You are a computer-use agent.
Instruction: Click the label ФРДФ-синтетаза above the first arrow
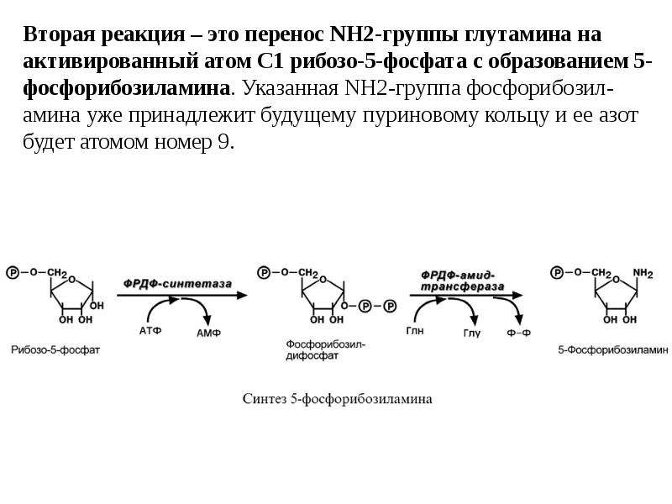177,284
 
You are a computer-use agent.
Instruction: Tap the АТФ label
150,331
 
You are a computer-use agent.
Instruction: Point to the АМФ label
208,333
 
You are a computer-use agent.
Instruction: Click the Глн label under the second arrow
415,331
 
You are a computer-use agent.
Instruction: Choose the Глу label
472,333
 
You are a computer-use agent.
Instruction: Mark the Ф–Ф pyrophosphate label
518,333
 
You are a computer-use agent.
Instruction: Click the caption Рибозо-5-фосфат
55,349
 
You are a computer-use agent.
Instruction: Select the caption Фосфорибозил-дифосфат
325,349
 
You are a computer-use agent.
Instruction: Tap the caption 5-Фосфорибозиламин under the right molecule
613,349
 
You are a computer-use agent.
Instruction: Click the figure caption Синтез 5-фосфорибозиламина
338,399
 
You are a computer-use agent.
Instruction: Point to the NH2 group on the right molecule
643,273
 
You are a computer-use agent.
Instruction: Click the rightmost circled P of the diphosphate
390,306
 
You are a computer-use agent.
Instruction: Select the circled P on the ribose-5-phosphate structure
13,272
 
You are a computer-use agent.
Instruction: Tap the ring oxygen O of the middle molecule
323,280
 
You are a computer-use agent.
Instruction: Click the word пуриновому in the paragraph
420,115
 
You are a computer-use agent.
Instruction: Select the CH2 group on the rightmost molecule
601,273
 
